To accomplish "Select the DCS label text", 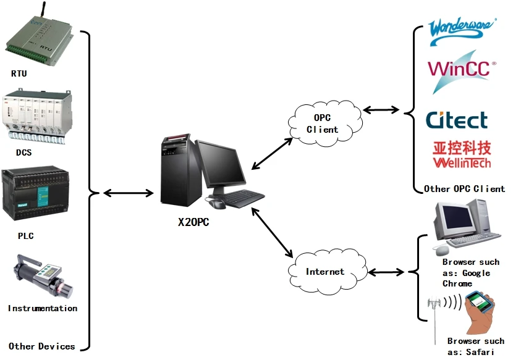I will [24, 152].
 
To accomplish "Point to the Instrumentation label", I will [43, 308].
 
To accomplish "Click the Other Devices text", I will [42, 346].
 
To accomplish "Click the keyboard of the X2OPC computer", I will [244, 198].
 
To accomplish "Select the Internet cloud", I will [325, 271].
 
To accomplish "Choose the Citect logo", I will [457, 119].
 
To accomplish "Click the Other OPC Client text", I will [464, 188].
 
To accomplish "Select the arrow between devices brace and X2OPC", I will [128, 193].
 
